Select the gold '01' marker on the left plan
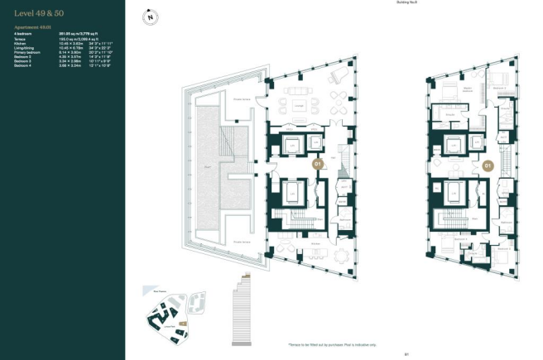[317, 165]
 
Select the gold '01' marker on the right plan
[488, 166]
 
